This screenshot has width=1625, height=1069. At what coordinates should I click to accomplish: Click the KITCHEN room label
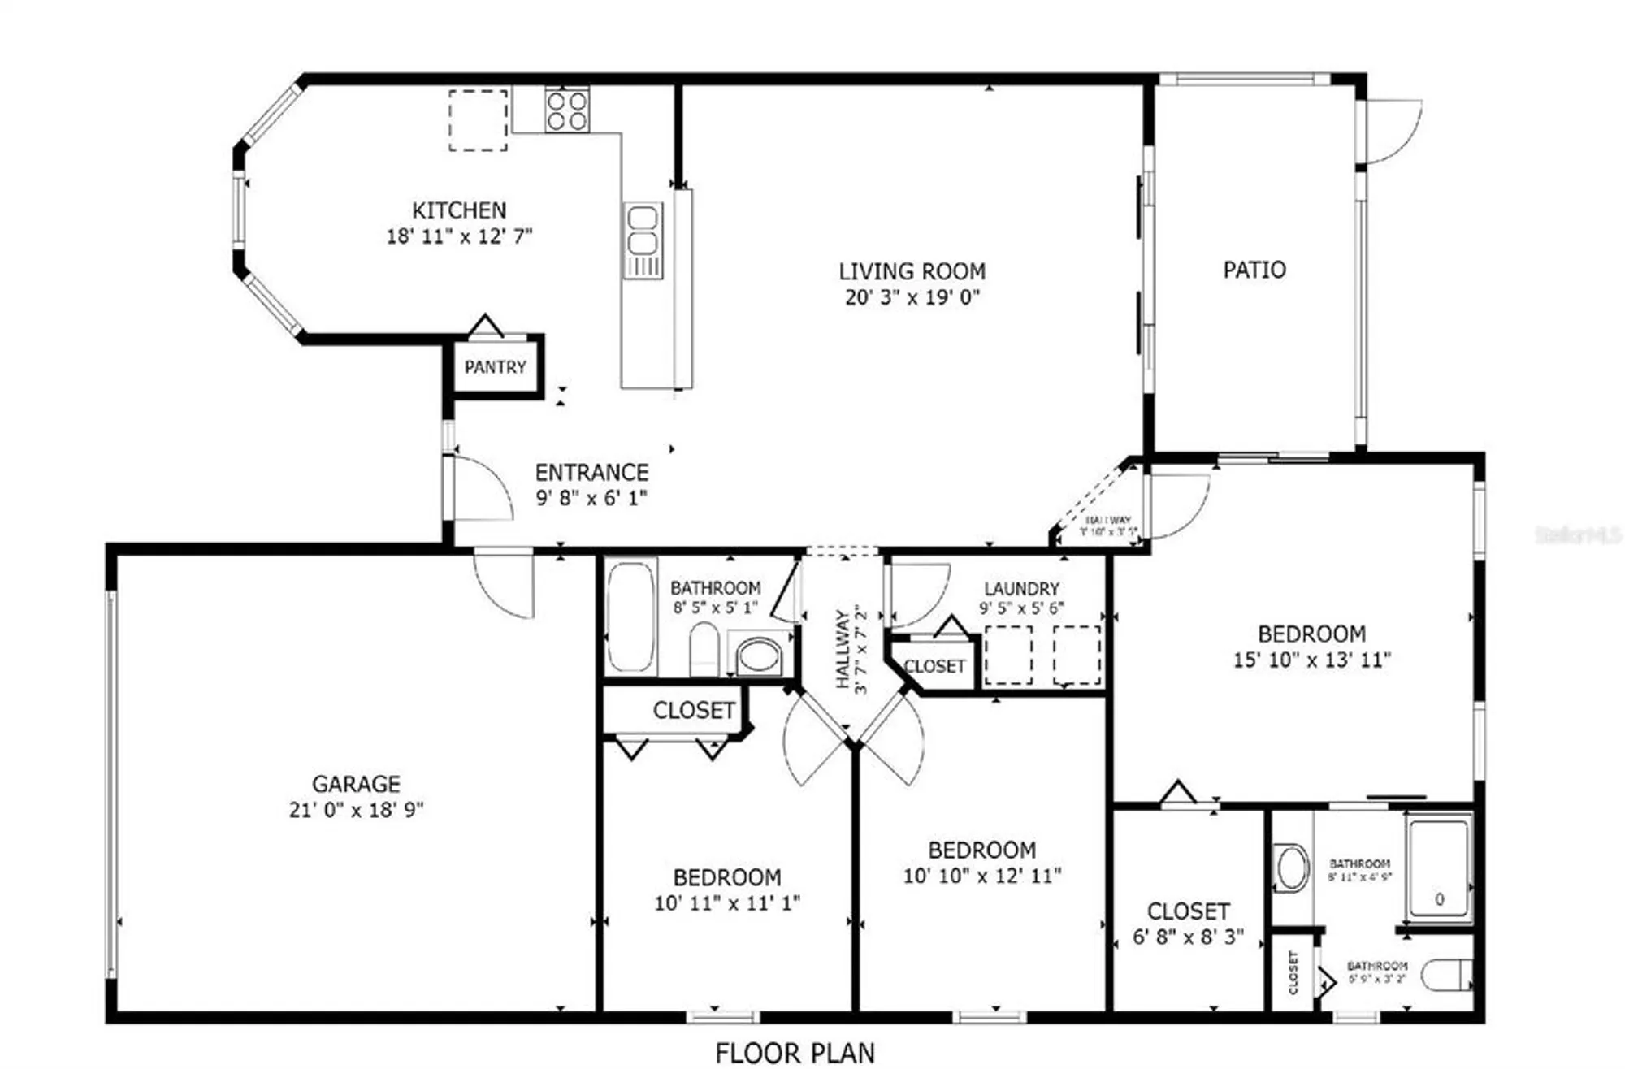(459, 210)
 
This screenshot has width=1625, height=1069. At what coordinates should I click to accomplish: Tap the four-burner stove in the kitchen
(567, 110)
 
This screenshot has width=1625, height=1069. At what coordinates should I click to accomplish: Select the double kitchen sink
(643, 231)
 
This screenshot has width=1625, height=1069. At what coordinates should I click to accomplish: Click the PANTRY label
(495, 367)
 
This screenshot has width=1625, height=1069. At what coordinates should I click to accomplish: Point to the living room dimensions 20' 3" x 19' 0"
(912, 297)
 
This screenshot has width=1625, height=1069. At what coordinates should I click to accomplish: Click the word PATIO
(1254, 270)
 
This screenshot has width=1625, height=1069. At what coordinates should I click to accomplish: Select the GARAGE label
(356, 784)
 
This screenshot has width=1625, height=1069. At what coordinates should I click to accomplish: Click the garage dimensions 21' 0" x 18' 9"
(356, 810)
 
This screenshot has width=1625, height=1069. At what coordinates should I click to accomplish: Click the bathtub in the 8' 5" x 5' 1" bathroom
(631, 617)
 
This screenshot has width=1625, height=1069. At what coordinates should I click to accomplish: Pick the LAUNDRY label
(1021, 588)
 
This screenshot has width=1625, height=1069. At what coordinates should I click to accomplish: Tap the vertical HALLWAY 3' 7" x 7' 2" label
(851, 649)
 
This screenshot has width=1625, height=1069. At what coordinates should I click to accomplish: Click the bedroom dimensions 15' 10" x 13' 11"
(1311, 660)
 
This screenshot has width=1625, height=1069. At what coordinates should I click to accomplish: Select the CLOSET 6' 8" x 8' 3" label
(1188, 911)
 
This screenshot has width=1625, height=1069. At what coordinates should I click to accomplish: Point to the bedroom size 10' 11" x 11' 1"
(727, 902)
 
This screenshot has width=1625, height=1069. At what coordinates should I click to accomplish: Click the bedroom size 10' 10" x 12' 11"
(981, 876)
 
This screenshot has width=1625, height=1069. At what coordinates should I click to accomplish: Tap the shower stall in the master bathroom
(1439, 868)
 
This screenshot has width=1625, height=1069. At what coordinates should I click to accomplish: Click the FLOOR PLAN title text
(795, 1053)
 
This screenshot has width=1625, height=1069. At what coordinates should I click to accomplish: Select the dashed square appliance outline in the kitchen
(479, 120)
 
